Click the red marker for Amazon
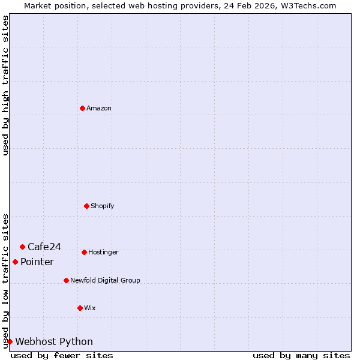(x=82, y=108)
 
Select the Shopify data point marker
(x=86, y=206)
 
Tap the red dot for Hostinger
(x=84, y=252)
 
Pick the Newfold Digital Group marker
(x=66, y=280)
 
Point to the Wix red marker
(x=80, y=308)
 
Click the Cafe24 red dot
(x=22, y=247)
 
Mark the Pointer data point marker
(x=15, y=262)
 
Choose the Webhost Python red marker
(x=10, y=341)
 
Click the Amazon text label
(x=99, y=109)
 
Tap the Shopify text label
(x=103, y=206)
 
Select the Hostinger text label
(x=103, y=253)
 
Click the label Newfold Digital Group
(x=105, y=281)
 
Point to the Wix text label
(x=90, y=308)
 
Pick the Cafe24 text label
(x=44, y=247)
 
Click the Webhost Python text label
(x=54, y=342)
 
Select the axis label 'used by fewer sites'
(x=62, y=355)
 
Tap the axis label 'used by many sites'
(x=301, y=355)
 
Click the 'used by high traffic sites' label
(x=5, y=85)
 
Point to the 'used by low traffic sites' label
(x=5, y=280)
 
